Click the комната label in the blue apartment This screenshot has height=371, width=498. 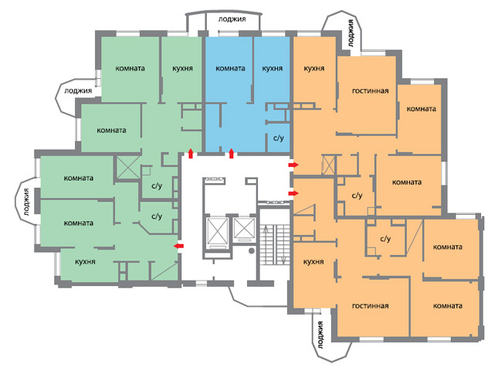(x=230, y=68)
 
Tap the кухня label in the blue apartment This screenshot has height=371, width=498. (x=273, y=68)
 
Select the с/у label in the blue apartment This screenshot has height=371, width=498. (x=279, y=138)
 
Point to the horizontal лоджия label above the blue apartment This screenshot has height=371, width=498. (x=232, y=19)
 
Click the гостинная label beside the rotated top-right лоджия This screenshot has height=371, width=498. (x=371, y=91)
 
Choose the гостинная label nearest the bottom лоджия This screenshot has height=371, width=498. (x=371, y=306)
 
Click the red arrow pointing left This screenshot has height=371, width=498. (x=179, y=246)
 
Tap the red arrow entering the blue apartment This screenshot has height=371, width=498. (x=231, y=153)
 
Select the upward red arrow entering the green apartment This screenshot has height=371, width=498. (x=191, y=153)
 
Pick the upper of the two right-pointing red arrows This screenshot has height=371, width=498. (x=293, y=165)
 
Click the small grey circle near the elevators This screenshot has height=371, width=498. (x=252, y=251)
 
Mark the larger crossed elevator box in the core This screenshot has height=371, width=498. (x=218, y=231)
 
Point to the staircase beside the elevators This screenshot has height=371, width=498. (x=275, y=244)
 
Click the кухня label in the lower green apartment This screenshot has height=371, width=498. (x=85, y=262)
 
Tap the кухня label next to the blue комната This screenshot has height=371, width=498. (x=273, y=68)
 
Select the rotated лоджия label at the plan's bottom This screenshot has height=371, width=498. (x=320, y=335)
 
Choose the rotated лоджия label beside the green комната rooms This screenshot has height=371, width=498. (x=27, y=203)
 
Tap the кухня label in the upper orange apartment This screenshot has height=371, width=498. (x=313, y=68)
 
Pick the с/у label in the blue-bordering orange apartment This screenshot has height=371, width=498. (x=357, y=196)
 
